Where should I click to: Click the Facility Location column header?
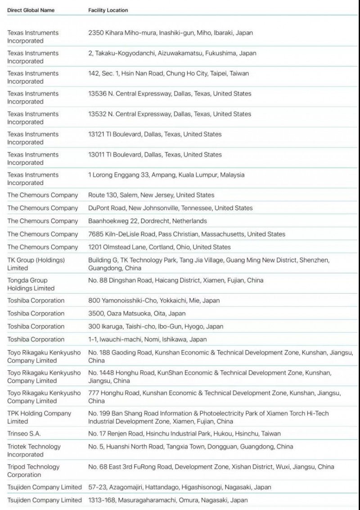[x=108, y=10]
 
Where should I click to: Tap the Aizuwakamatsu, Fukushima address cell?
[x=172, y=53]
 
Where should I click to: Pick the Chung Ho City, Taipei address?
[x=169, y=73]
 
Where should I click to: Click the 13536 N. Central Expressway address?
[x=170, y=94]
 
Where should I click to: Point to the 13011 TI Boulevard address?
[x=155, y=154]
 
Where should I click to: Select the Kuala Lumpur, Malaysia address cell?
[x=166, y=175]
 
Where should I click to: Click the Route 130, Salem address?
[x=151, y=195]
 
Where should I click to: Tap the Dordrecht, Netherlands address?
[x=148, y=221]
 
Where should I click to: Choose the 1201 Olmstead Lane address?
[x=159, y=247]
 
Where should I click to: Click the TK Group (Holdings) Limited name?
[x=36, y=264]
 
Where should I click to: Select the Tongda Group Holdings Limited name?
[x=31, y=284]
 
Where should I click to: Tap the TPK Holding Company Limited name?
[x=39, y=417]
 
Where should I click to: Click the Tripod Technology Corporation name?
[x=33, y=470]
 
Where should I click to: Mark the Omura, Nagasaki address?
[x=168, y=500]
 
